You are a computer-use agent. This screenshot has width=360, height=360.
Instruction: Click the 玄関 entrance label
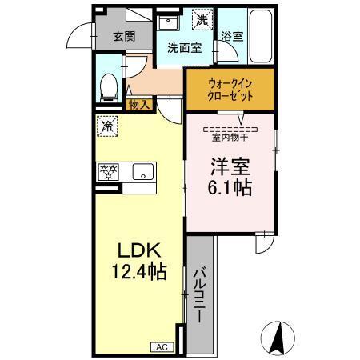pyautogui.click(x=123, y=36)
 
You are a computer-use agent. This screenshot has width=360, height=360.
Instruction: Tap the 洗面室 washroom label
pyautogui.click(x=184, y=47)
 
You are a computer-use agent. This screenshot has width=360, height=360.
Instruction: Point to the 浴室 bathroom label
pyautogui.click(x=232, y=36)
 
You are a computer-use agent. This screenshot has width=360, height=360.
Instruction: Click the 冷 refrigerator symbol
pyautogui.click(x=106, y=125)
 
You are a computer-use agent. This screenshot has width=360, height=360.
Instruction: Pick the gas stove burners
pyautogui.click(x=108, y=171)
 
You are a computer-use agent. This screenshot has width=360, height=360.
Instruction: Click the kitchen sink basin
pyautogui.click(x=144, y=171)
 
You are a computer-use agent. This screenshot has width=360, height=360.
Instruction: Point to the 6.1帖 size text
pyautogui.click(x=230, y=188)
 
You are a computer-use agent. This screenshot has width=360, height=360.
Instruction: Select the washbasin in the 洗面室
pyautogui.click(x=170, y=21)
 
